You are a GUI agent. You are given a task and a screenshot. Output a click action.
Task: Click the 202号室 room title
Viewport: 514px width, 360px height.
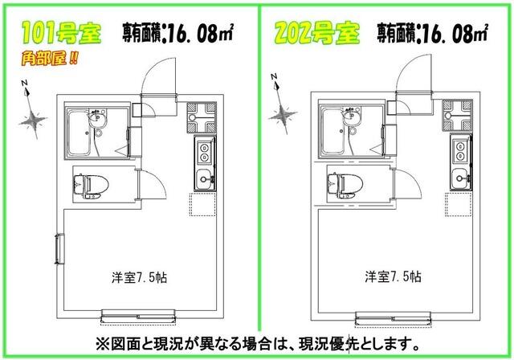[x=315, y=34]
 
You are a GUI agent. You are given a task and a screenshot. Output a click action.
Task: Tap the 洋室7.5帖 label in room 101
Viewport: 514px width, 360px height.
[x=136, y=277]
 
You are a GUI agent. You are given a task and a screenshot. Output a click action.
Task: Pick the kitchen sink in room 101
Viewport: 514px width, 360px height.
[x=203, y=177]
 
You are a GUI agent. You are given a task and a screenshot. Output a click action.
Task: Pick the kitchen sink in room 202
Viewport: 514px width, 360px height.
[x=459, y=177]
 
